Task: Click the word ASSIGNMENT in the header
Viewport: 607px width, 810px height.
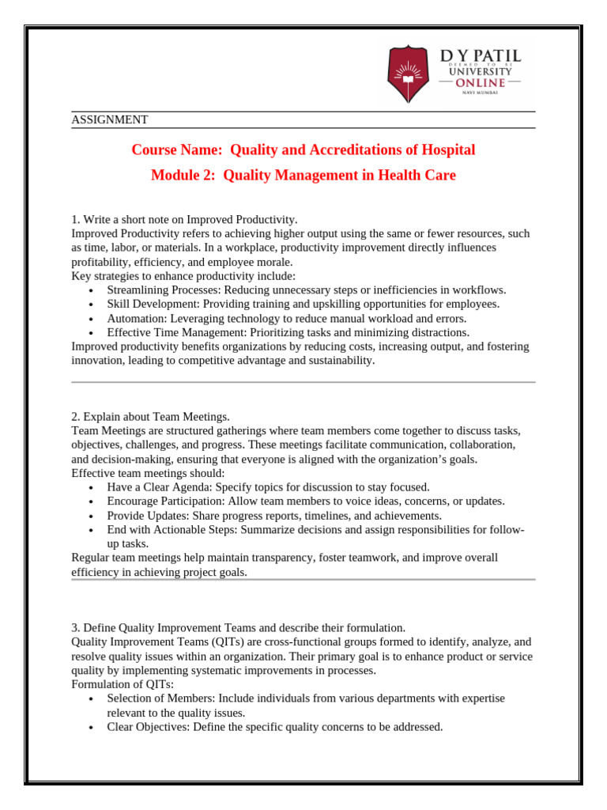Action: pyautogui.click(x=110, y=120)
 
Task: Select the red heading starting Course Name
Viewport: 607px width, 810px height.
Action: pyautogui.click(x=303, y=150)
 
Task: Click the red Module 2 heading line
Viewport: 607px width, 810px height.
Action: pyautogui.click(x=303, y=175)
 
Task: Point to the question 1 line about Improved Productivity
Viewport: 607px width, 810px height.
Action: pyautogui.click(x=184, y=219)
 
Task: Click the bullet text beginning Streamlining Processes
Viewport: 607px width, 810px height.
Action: pyautogui.click(x=306, y=290)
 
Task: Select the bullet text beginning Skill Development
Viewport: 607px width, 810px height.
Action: pyautogui.click(x=303, y=304)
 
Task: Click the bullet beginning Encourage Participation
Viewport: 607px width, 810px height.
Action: pyautogui.click(x=306, y=501)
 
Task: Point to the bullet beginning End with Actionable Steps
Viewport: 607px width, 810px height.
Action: pyautogui.click(x=316, y=529)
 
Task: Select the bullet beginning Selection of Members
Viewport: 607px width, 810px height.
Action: pyautogui.click(x=305, y=698)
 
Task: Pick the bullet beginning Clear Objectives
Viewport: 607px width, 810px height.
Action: pyautogui.click(x=274, y=726)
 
